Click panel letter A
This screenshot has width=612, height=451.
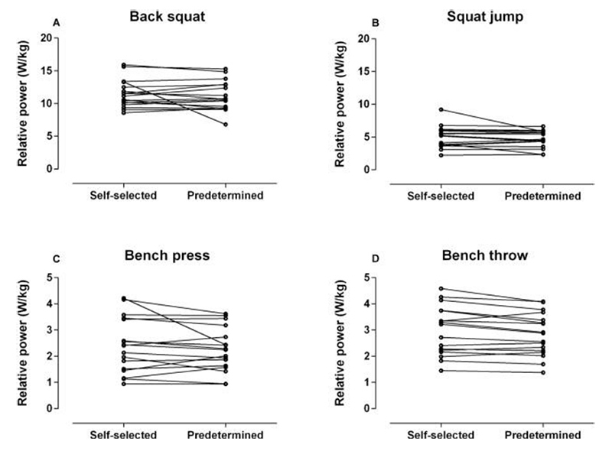[56, 24]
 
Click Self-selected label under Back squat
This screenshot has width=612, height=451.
[124, 195]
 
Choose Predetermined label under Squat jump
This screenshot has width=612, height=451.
[542, 195]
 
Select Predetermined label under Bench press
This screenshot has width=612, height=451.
[226, 435]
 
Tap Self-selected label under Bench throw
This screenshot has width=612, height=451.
[441, 435]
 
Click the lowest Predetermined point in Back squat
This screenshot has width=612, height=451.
[226, 124]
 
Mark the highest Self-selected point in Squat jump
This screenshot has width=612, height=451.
[441, 109]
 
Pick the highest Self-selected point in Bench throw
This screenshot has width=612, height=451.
[441, 288]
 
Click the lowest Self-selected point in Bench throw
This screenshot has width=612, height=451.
[441, 370]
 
